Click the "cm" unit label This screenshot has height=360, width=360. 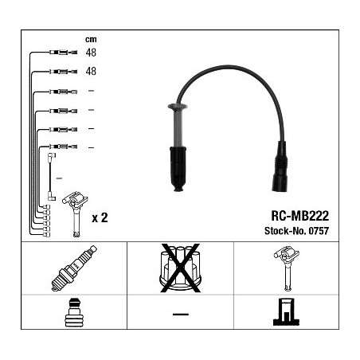pyautogui.click(x=91, y=40)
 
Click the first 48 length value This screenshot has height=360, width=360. pyautogui.click(x=91, y=53)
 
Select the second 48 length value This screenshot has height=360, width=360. pyautogui.click(x=91, y=71)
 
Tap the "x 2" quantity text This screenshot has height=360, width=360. pyautogui.click(x=100, y=217)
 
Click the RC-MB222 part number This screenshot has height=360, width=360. pyautogui.click(x=299, y=216)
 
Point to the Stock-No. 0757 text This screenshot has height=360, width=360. pyautogui.click(x=296, y=231)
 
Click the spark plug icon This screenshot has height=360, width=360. pyautogui.click(x=74, y=268)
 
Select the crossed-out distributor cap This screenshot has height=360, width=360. pyautogui.click(x=180, y=268)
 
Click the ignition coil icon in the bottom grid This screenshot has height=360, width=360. pyautogui.click(x=287, y=268)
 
